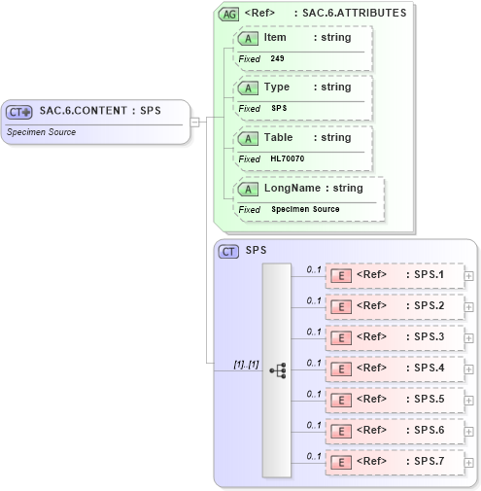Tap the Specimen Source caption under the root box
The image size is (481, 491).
42,131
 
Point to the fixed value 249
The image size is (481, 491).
277,58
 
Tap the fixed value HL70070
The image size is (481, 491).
288,158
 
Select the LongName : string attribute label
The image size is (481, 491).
313,188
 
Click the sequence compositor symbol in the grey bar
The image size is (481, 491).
277,369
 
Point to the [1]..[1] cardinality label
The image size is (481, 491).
246,364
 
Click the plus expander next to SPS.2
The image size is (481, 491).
469,306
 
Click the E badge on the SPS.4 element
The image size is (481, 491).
341,368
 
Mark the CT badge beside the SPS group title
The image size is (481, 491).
228,251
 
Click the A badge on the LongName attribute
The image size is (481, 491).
249,188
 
